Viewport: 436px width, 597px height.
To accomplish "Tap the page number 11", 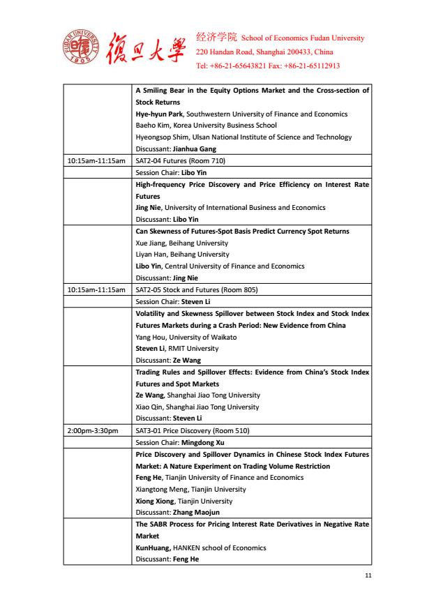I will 368,575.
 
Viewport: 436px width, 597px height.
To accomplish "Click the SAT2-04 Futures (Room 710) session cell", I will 180,160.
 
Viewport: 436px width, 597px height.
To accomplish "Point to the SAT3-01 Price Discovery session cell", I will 192,430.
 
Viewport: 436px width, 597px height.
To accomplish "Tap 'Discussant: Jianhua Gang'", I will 176,149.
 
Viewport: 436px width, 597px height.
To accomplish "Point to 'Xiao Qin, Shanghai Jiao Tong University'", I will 197,407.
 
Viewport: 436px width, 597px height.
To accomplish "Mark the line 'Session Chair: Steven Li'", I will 172,301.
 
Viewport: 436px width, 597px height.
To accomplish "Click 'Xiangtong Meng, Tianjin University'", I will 190,489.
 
